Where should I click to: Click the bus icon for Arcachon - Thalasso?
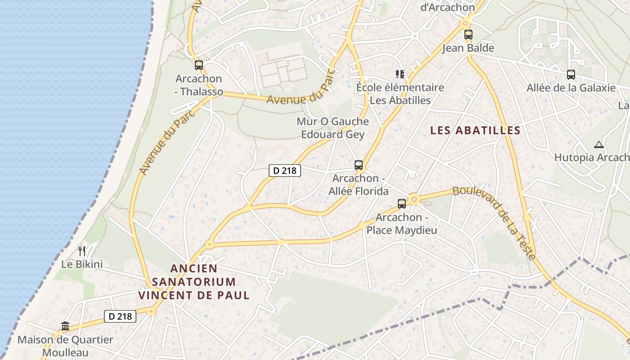click(x=198, y=65)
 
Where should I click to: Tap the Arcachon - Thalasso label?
click(x=199, y=85)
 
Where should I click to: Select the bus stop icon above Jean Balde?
click(x=468, y=34)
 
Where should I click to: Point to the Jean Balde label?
click(x=468, y=48)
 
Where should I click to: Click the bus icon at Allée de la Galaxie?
click(x=571, y=75)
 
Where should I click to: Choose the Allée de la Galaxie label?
click(x=571, y=88)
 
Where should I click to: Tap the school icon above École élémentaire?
click(x=400, y=74)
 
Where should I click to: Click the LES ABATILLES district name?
click(x=475, y=130)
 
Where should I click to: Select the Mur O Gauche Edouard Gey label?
click(x=333, y=128)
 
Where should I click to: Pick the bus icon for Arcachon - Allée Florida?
click(x=358, y=165)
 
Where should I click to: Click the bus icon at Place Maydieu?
click(x=401, y=204)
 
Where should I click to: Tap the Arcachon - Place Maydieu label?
click(x=401, y=224)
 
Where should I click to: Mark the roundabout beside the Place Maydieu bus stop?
click(x=414, y=199)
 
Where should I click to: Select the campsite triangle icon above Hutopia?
click(x=598, y=145)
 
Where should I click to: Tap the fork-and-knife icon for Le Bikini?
click(x=81, y=251)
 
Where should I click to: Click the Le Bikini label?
click(x=82, y=264)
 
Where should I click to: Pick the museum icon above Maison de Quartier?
click(x=65, y=326)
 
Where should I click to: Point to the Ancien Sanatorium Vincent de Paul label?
click(x=194, y=282)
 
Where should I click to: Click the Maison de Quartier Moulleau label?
click(x=65, y=346)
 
